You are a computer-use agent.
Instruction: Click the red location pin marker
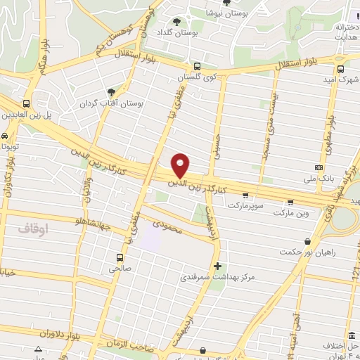[x=181, y=165]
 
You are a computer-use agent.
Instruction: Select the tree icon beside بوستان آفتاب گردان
[x=110, y=92]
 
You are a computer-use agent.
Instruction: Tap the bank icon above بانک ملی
[x=319, y=167]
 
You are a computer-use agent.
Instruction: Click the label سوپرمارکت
[x=245, y=206]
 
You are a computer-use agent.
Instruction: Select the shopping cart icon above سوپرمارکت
[x=245, y=195]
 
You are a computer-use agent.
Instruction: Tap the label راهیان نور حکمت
[x=307, y=251]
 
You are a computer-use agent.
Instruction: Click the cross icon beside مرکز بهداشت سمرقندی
[x=217, y=266]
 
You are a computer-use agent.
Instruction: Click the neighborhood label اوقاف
[x=32, y=229]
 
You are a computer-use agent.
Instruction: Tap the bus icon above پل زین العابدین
[x=26, y=103]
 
